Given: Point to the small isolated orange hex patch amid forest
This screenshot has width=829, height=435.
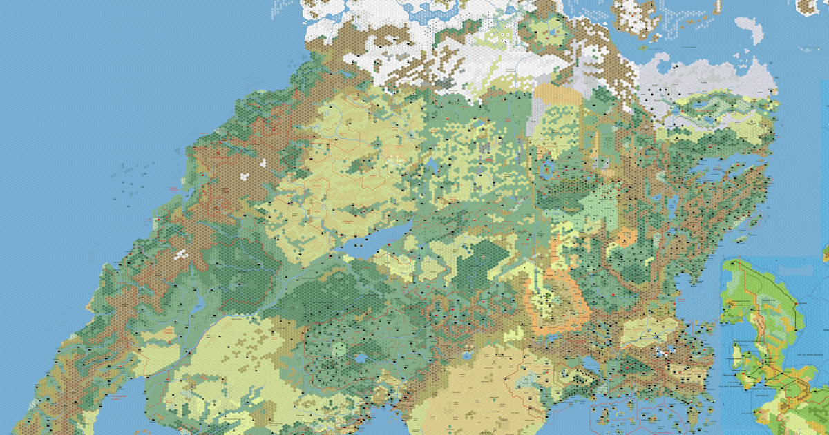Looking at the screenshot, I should click(625, 239).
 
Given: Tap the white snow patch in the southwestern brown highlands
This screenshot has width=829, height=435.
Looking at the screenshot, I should click(181, 253).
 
